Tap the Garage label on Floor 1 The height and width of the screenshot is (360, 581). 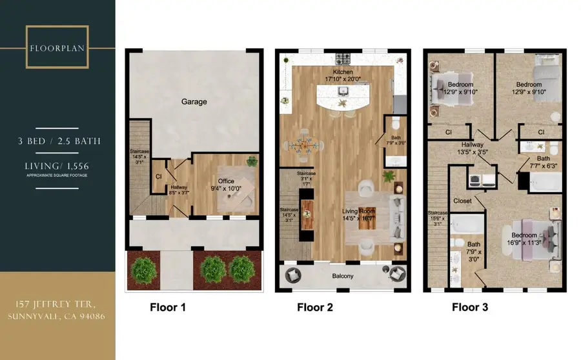(194, 101)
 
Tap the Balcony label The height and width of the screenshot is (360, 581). (343, 276)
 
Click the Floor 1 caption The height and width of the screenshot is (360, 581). (168, 308)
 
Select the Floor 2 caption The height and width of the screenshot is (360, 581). (315, 308)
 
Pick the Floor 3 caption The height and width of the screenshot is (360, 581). (469, 308)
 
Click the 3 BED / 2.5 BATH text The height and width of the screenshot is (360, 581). (57, 141)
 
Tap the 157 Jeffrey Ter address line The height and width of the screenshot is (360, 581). (57, 304)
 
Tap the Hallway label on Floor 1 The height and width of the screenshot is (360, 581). (179, 188)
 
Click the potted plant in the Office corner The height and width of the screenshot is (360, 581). (252, 161)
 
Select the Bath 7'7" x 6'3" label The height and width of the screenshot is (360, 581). (544, 161)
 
